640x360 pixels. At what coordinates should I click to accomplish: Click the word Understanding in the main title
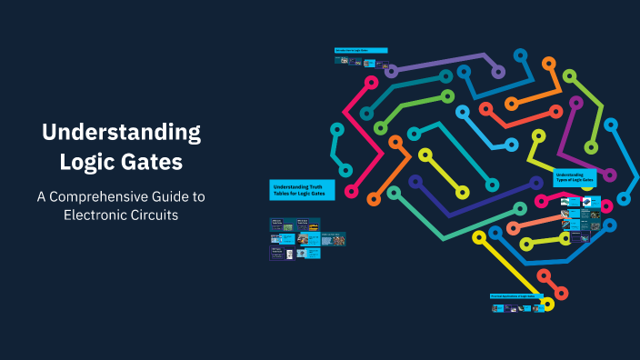click(x=122, y=133)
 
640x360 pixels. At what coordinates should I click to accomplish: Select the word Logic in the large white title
click(x=86, y=163)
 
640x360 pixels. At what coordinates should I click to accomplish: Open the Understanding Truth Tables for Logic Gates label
click(x=302, y=189)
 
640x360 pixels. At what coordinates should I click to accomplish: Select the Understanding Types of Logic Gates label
click(x=575, y=177)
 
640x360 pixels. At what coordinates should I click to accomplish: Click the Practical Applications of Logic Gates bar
click(x=516, y=296)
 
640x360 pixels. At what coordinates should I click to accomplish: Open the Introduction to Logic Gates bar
click(x=361, y=50)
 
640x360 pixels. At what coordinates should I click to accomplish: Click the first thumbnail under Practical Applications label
click(x=496, y=308)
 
